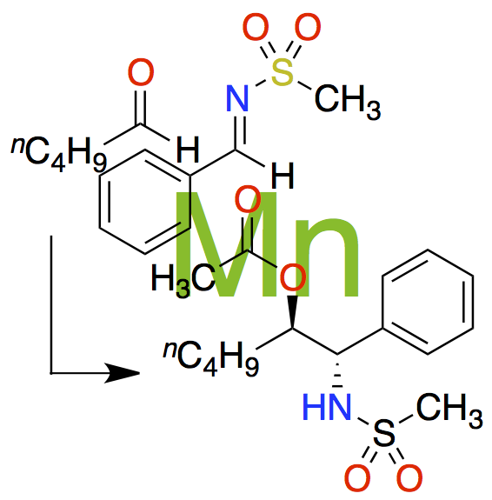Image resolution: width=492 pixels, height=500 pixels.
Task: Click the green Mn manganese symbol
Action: (x=267, y=244)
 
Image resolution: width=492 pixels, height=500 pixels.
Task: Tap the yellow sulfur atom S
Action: (x=283, y=73)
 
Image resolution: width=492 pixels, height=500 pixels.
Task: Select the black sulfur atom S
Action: (x=384, y=433)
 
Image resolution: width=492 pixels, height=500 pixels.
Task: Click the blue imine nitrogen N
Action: (x=237, y=98)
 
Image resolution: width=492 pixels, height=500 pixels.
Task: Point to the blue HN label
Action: (x=327, y=407)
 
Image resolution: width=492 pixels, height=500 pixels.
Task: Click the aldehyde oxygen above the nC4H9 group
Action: (x=141, y=72)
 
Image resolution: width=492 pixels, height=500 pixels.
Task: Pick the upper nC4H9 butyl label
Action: (x=59, y=153)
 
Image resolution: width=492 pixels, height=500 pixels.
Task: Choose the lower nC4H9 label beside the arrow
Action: (x=210, y=358)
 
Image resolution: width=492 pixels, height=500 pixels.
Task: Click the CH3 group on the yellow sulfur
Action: (x=347, y=101)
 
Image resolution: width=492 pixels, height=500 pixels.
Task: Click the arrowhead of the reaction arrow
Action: (x=123, y=372)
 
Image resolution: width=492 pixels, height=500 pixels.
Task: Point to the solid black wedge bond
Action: (x=293, y=312)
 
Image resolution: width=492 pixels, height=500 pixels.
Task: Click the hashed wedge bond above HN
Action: (x=337, y=371)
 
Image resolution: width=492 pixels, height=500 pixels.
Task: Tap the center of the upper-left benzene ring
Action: (x=145, y=202)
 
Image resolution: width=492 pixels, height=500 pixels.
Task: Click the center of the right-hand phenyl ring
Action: (x=428, y=302)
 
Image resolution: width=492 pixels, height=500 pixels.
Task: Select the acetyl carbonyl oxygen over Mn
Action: (x=248, y=199)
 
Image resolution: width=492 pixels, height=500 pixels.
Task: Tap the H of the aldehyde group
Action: (x=188, y=149)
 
